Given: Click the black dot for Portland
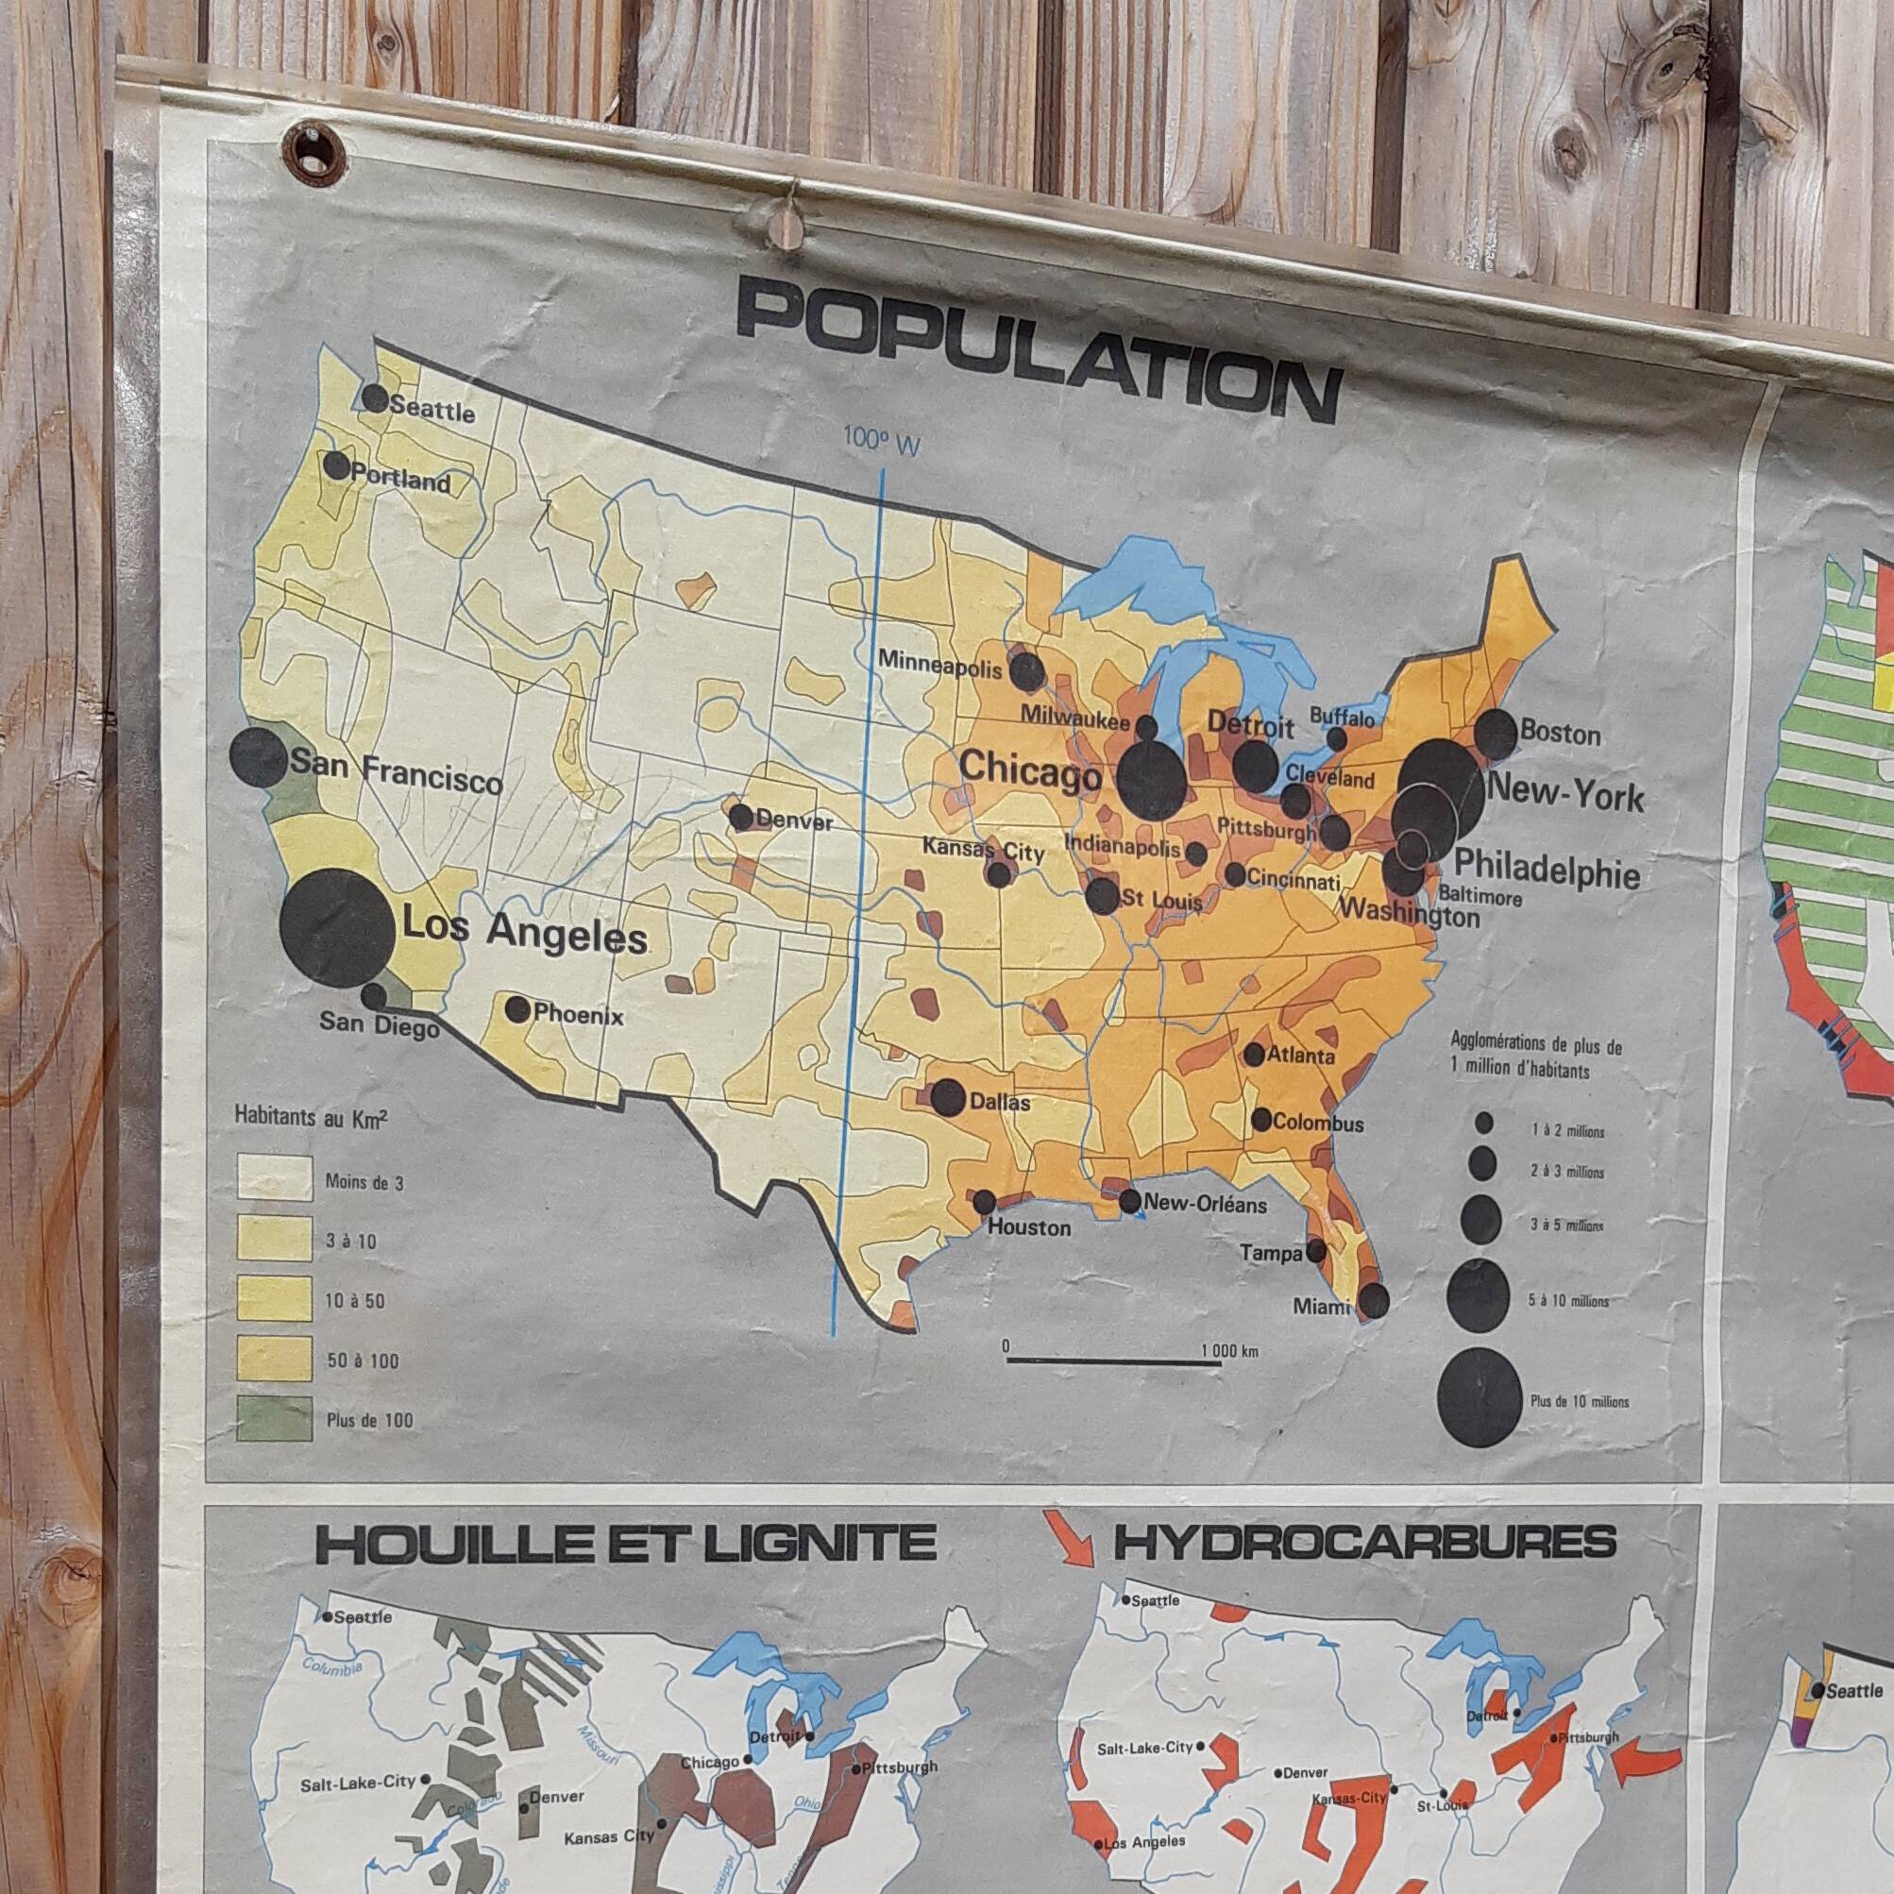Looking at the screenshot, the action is [x=336, y=465].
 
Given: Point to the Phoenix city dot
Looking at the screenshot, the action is [x=517, y=1008].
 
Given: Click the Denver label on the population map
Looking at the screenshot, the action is [x=794, y=821].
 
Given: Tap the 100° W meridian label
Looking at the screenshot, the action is [x=882, y=444].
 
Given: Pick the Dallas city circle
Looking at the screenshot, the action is [x=947, y=1097].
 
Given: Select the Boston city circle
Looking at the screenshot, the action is [x=1496, y=735].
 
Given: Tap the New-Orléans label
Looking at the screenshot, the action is [x=1205, y=1204].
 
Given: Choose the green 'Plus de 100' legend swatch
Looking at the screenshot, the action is [x=275, y=1418].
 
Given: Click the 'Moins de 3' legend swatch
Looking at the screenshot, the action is [x=275, y=1177].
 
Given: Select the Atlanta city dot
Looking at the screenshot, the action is [x=1254, y=1054].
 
